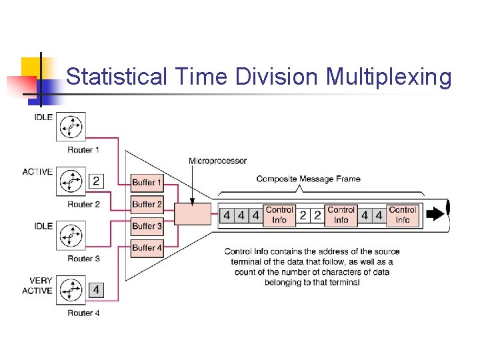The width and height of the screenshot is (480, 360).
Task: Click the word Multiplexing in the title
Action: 389,78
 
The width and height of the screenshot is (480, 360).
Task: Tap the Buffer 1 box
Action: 147,182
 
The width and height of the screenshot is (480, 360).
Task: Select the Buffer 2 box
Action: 147,204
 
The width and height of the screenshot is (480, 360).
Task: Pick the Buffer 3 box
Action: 147,226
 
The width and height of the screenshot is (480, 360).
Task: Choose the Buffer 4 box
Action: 147,247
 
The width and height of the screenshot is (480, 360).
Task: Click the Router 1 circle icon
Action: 70,127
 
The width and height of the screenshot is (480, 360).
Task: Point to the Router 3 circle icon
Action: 70,236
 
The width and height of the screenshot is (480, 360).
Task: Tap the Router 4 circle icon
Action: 70,291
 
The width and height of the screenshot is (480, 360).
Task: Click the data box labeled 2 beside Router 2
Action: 96,181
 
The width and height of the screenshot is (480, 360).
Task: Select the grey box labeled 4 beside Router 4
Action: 96,290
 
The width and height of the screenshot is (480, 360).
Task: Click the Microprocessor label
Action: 217,161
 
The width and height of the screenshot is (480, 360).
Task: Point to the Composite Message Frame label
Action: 308,179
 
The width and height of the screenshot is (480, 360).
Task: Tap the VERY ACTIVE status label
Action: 37,285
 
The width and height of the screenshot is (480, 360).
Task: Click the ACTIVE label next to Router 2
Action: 37,172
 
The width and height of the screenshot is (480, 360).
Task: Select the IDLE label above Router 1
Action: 43,117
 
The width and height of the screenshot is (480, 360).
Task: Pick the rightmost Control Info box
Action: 403,215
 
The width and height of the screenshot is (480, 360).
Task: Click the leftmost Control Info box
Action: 279,215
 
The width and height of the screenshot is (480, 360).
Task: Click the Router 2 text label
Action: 84,204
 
